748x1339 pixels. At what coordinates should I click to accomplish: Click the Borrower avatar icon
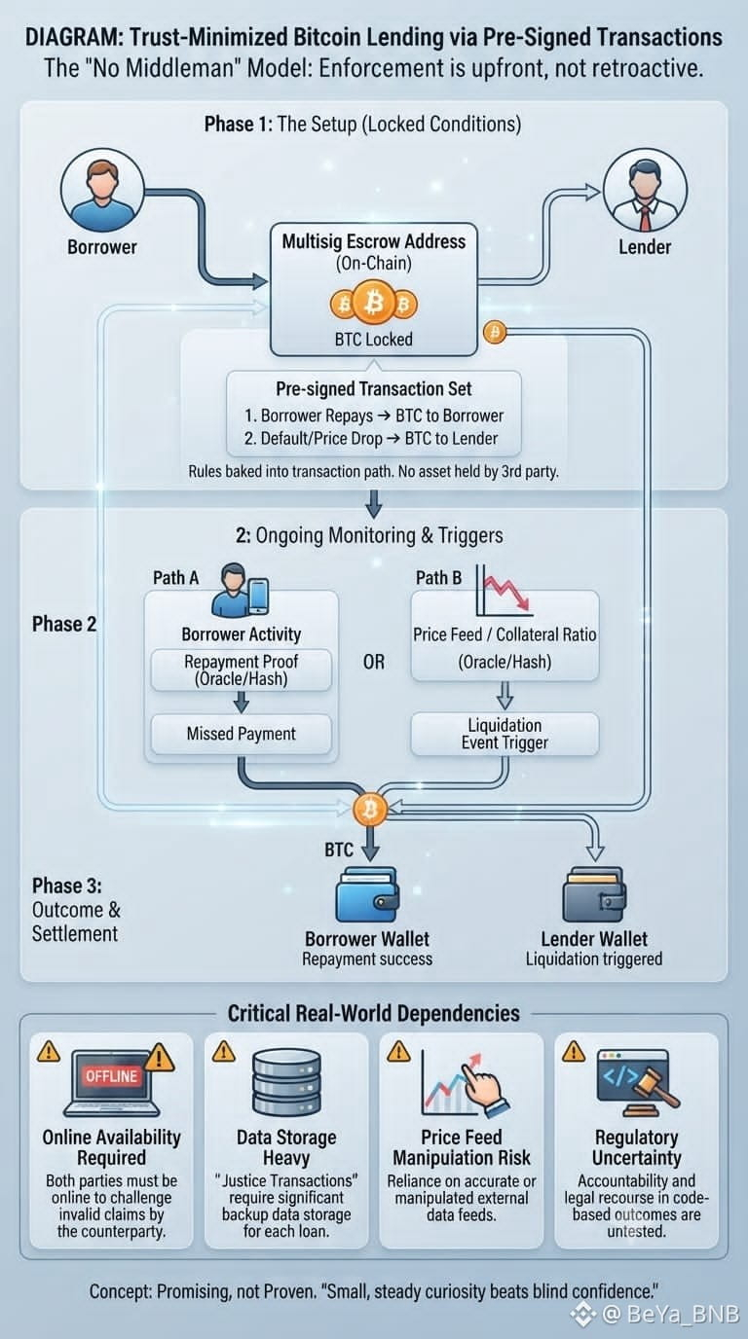point(102,190)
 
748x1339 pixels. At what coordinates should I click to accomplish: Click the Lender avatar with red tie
point(645,190)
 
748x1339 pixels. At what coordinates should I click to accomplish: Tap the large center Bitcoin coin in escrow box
point(374,303)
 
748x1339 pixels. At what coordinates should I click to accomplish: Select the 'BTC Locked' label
point(373,340)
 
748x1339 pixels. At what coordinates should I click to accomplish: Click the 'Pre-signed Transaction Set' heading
point(373,389)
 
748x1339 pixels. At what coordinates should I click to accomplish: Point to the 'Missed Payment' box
point(242,734)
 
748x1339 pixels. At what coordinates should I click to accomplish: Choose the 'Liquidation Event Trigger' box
point(505,734)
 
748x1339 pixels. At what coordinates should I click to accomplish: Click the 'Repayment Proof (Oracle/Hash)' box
point(242,670)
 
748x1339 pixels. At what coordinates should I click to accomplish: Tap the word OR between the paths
point(374,663)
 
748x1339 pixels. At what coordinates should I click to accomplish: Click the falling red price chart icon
point(504,591)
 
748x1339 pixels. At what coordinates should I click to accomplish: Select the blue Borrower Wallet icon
point(367,895)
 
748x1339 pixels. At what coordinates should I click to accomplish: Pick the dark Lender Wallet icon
point(594,895)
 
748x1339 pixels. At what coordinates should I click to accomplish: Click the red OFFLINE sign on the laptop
point(111,1076)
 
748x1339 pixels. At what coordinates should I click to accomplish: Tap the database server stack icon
point(286,1082)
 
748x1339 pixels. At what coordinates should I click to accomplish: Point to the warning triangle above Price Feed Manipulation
point(398,1051)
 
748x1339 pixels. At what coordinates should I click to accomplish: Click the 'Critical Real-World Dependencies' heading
point(373,1013)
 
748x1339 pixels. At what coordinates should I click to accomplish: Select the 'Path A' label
point(175,577)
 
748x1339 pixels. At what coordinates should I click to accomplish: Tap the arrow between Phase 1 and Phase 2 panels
point(373,504)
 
